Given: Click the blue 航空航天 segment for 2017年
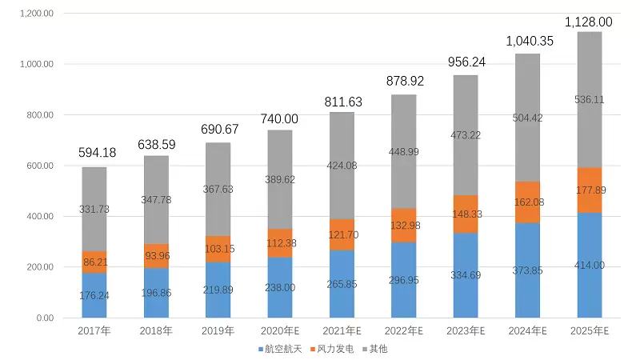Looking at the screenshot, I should [94, 296].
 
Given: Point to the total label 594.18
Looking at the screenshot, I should [94, 154].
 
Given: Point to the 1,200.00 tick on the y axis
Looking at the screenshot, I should [37, 14].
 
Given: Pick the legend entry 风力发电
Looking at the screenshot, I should [332, 349].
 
